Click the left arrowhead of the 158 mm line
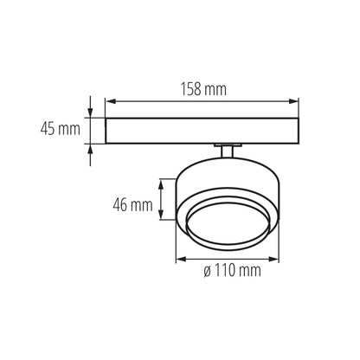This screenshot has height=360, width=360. coord(109,102)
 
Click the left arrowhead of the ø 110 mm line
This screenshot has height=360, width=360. coord(179,258)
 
